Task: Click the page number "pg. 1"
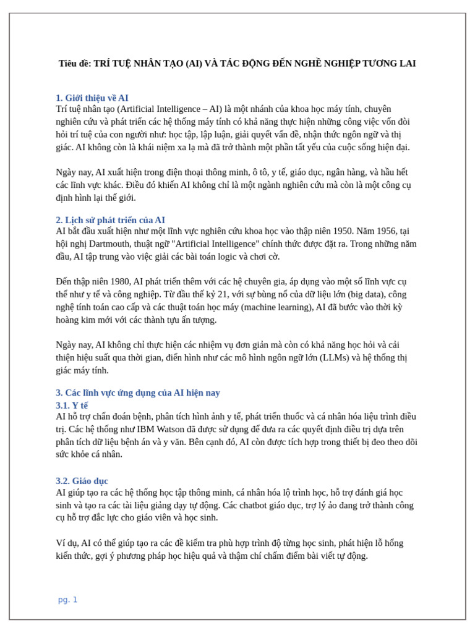point(67,600)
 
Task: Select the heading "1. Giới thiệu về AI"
point(92,98)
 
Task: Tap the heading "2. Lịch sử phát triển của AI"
point(110,220)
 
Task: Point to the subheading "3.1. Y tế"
point(72,406)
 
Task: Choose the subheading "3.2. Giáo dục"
point(82,481)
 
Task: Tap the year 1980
point(118,282)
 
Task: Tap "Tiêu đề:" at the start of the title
point(75,64)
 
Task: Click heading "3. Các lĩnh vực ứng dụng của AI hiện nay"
point(138,393)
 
